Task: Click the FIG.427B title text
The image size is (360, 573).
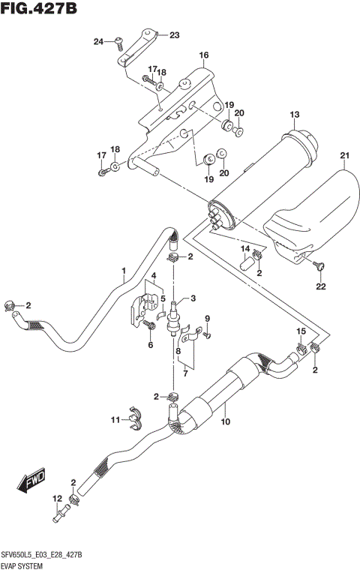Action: point(40,9)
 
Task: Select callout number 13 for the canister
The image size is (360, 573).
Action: point(295,114)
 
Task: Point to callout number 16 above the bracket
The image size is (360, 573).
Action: point(203,56)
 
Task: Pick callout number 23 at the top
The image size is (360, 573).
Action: point(174,35)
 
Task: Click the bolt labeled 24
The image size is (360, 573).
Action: point(120,43)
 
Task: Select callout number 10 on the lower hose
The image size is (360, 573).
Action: point(224,422)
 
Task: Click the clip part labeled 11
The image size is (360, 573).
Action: point(133,418)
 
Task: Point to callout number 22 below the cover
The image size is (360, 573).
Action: point(320,286)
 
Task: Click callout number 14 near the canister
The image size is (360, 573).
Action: point(244,248)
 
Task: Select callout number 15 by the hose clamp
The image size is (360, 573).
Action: point(301,331)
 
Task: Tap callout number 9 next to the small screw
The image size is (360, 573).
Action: point(208,318)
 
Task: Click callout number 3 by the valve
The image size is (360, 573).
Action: point(192,298)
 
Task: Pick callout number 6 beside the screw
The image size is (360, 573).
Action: point(150,344)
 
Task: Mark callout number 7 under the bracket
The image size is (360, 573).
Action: point(183,373)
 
